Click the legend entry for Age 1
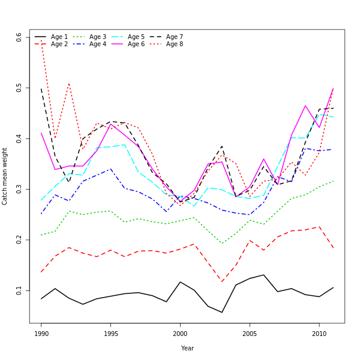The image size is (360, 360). click(59, 37)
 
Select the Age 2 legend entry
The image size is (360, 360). click(59, 44)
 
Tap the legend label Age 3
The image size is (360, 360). click(98, 37)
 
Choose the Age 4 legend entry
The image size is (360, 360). click(98, 44)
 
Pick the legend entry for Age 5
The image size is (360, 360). click(136, 37)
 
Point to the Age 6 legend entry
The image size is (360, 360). click(136, 44)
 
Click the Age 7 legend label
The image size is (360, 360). click(175, 37)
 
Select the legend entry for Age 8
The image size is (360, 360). click(175, 44)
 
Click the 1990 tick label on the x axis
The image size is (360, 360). click(41, 333)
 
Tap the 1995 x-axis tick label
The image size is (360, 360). click(110, 333)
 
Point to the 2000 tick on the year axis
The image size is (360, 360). click(180, 333)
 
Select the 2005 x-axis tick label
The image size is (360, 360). click(249, 333)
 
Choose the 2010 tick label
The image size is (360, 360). click(319, 333)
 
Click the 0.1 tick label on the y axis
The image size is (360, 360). click(19, 290)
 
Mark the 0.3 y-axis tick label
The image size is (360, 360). click(19, 189)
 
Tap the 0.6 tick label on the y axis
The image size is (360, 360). click(19, 37)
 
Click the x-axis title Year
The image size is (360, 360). click(187, 348)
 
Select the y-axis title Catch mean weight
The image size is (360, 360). click(5, 176)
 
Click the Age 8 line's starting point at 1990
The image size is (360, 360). click(41, 40)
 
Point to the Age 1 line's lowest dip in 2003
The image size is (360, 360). click(221, 312)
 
